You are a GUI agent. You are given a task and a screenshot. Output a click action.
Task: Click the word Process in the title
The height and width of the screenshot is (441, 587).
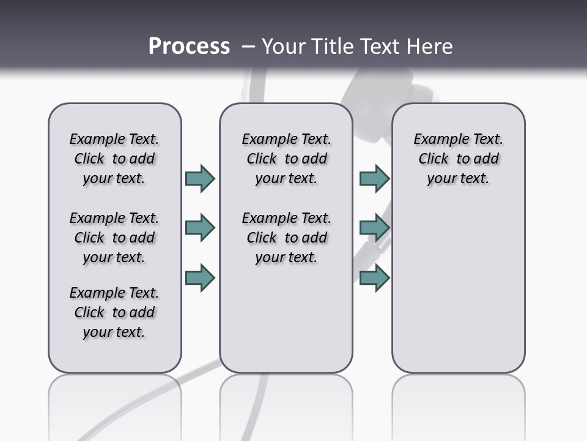pos(189,47)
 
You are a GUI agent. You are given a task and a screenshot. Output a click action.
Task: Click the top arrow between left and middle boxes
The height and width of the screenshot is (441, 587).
pos(200,178)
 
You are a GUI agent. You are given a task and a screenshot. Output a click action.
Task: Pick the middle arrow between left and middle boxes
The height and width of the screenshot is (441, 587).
pos(200,228)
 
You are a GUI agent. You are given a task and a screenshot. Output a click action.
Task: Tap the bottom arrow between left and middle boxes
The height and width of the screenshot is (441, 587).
pos(200,277)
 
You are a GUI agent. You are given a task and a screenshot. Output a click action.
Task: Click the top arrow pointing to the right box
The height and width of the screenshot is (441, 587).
pos(374,178)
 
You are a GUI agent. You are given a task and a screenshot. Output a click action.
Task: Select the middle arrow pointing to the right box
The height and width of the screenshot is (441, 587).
pos(374,228)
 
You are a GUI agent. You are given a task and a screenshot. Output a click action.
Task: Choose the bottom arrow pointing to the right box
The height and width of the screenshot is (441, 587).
pos(374,277)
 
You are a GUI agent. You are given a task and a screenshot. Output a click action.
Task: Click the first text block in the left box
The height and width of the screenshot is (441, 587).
pos(114,159)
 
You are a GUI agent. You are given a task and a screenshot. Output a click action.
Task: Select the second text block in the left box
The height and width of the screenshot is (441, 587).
pos(114,238)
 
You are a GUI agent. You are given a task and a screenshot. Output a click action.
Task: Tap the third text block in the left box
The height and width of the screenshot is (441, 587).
pos(114,312)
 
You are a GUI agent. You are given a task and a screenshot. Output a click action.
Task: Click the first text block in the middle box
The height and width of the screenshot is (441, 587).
pos(286,159)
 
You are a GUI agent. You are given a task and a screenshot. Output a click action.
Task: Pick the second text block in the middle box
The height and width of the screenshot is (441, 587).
pos(286,238)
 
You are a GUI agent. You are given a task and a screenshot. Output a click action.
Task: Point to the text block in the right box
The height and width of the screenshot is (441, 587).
pos(458,159)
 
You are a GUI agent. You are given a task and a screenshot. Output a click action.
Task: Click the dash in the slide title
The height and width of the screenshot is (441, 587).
pos(248,47)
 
